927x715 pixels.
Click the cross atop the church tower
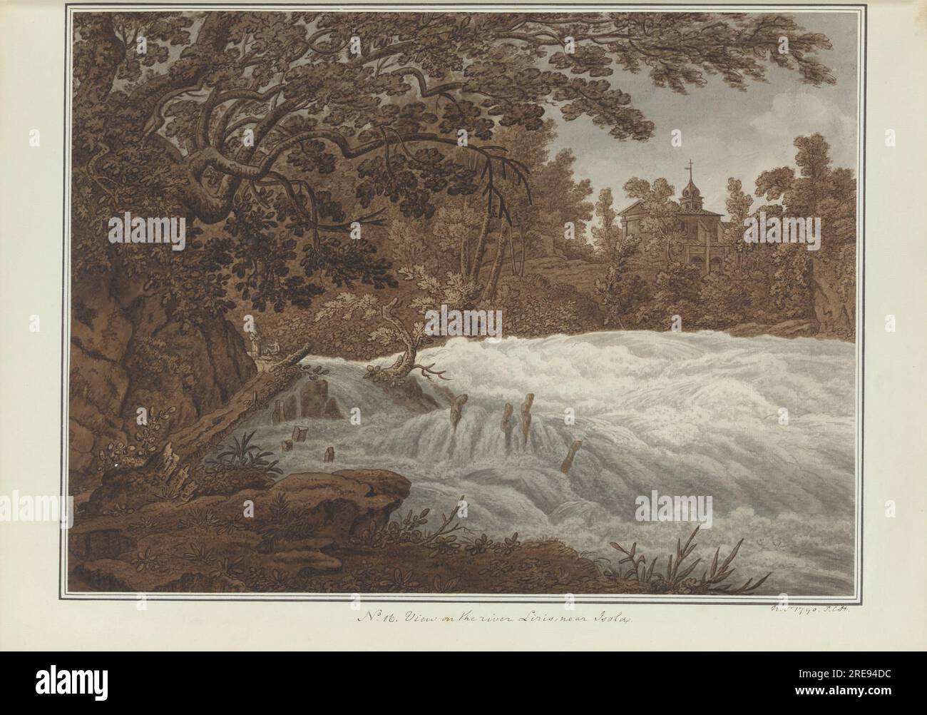pos(688,168)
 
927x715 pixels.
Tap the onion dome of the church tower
pos(689,188)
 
